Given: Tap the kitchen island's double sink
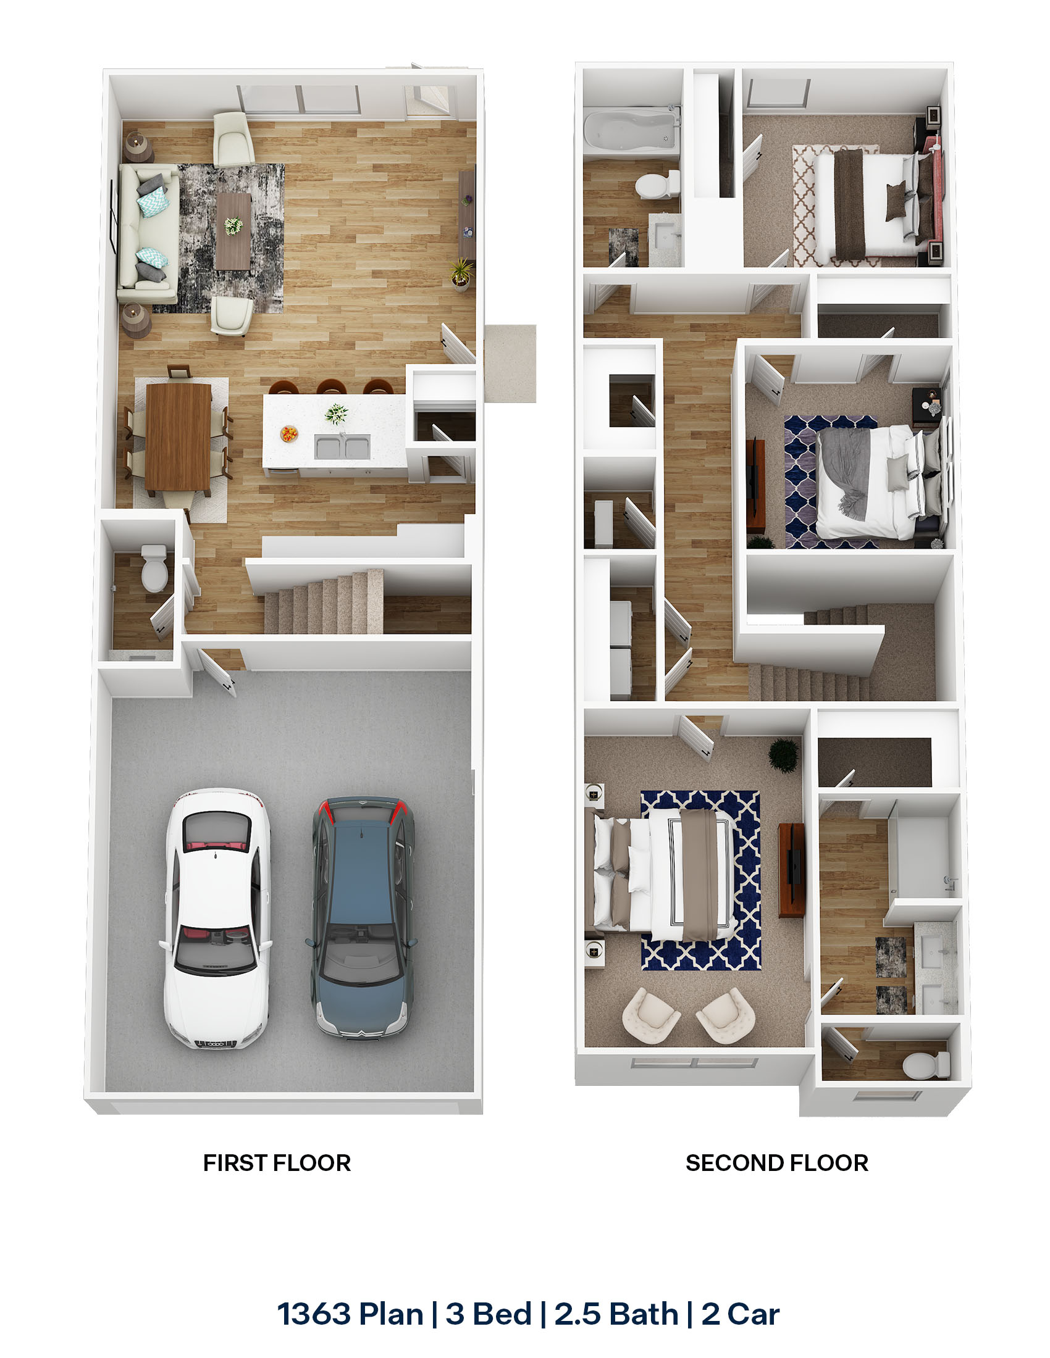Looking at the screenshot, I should point(342,447).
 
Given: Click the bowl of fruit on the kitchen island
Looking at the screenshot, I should point(288,433).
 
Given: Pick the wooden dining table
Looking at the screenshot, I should point(178,435).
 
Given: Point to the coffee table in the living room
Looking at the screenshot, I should point(233,231).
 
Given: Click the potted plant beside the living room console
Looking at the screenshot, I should point(460,274).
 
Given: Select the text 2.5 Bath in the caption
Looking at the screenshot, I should point(616,1314).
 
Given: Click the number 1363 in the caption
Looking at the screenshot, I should point(315,1314).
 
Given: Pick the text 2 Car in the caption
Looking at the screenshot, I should point(740,1314).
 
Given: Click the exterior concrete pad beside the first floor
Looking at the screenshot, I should point(510,363).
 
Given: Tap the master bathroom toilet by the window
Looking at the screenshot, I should point(926,1065).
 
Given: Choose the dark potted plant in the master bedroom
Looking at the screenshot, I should point(783,755).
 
